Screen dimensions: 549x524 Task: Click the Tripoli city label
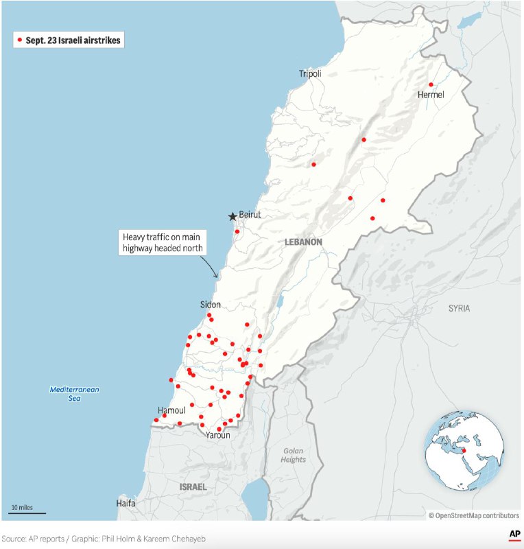(x=310, y=73)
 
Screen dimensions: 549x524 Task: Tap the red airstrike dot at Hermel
(x=431, y=84)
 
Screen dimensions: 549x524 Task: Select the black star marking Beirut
(x=233, y=216)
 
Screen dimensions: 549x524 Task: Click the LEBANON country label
(x=302, y=242)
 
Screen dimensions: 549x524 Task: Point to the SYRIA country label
(x=460, y=308)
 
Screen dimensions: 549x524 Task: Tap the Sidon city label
(x=211, y=304)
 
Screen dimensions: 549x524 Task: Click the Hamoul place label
(x=171, y=410)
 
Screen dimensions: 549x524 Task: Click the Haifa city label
(x=126, y=503)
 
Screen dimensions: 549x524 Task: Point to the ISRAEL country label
(x=193, y=487)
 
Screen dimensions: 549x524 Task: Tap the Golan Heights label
(x=293, y=456)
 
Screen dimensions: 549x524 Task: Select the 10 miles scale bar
(x=27, y=512)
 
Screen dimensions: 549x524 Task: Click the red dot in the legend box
(x=21, y=40)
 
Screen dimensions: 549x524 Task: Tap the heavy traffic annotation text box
(x=163, y=242)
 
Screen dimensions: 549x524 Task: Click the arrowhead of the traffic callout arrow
(x=217, y=276)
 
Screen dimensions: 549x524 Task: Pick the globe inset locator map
(x=463, y=450)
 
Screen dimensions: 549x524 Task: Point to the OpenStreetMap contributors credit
(x=474, y=515)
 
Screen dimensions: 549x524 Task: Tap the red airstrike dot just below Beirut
(x=237, y=231)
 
